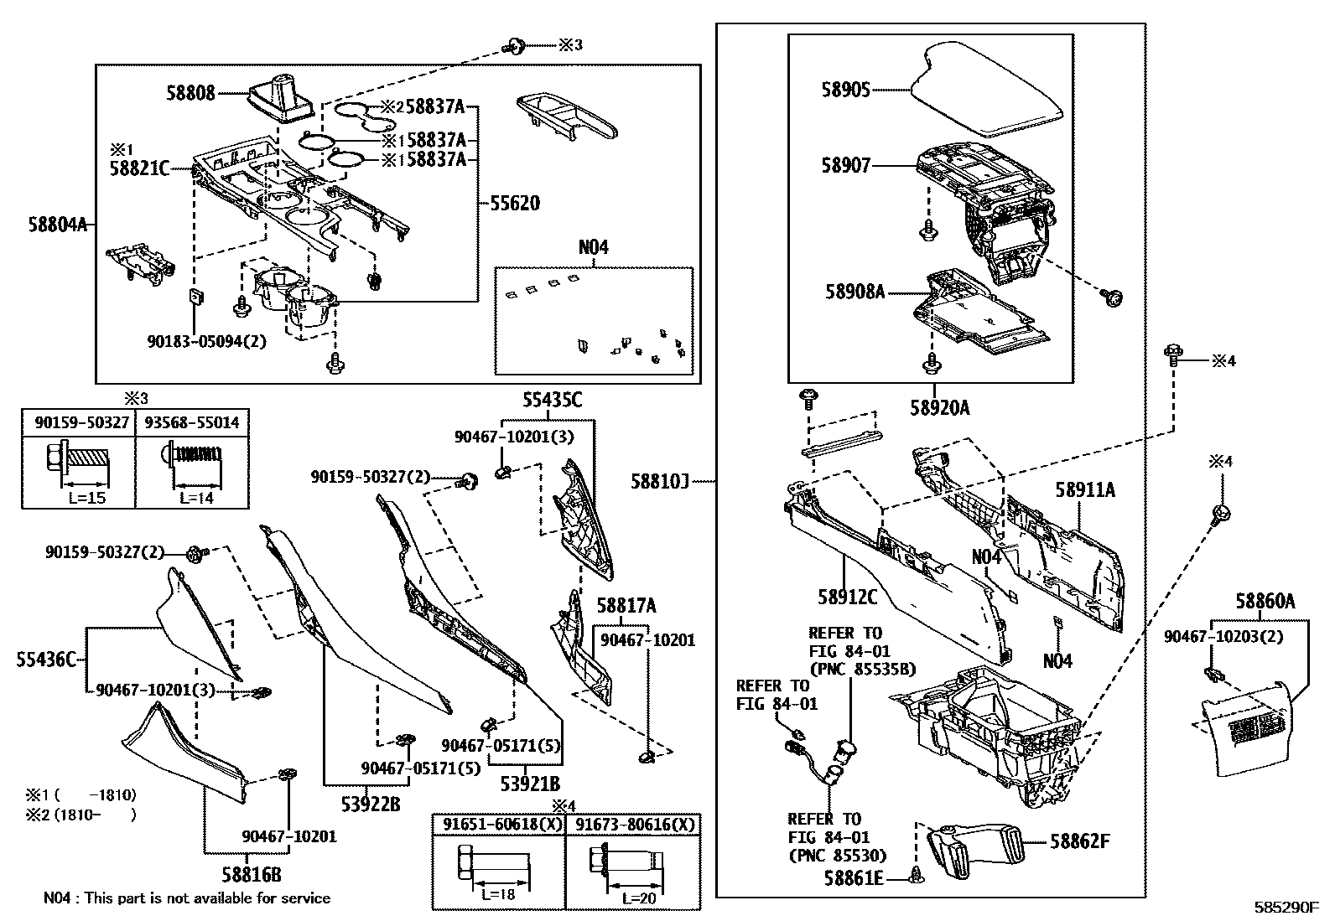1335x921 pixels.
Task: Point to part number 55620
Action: pyautogui.click(x=515, y=203)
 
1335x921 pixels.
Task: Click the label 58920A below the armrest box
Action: pyautogui.click(x=939, y=408)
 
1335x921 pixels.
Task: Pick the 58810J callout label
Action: pyautogui.click(x=660, y=482)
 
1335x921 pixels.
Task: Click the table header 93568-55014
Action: pyautogui.click(x=192, y=422)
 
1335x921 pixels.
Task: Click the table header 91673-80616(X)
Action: pyautogui.click(x=633, y=824)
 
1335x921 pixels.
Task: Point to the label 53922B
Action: pyautogui.click(x=370, y=805)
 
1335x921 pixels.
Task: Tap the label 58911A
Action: pyautogui.click(x=1085, y=490)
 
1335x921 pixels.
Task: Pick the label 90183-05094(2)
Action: pyautogui.click(x=195, y=341)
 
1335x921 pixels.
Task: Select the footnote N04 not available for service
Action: pyautogui.click(x=186, y=898)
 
